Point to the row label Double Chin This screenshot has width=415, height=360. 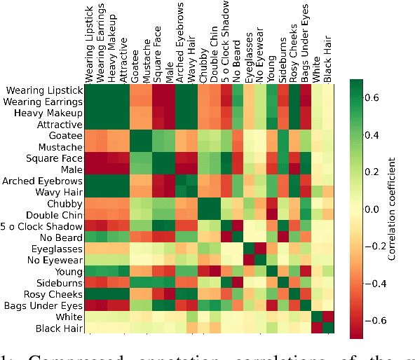click(54, 215)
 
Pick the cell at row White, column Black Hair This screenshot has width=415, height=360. click(328, 317)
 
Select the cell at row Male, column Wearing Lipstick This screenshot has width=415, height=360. click(90, 169)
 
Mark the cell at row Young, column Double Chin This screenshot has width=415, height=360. click(215, 272)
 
